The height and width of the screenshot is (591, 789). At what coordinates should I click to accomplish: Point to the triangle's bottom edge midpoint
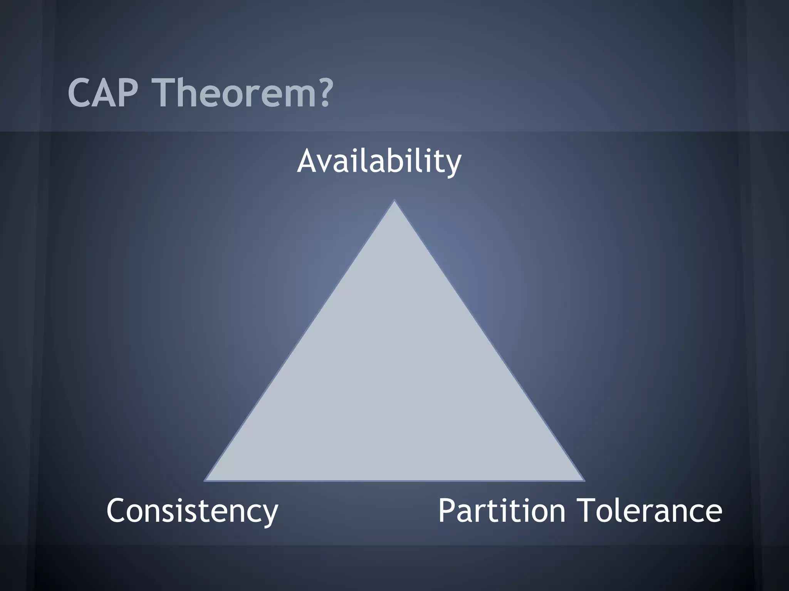coord(394,480)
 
